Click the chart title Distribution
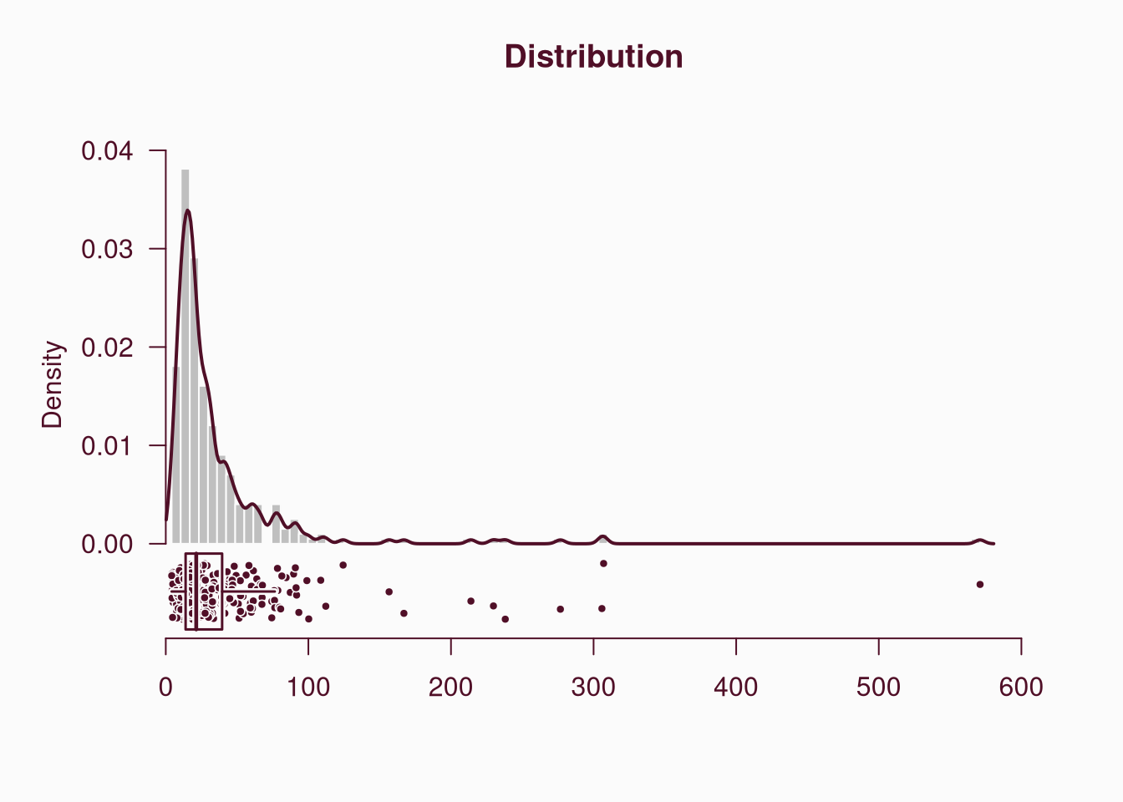pyautogui.click(x=593, y=57)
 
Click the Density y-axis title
pyautogui.click(x=53, y=384)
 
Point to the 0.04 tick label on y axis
pyautogui.click(x=107, y=151)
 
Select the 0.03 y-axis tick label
pyautogui.click(x=107, y=249)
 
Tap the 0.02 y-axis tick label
pyautogui.click(x=107, y=348)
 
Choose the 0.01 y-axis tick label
pyautogui.click(x=107, y=446)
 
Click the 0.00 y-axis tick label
pyautogui.click(x=107, y=544)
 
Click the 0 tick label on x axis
pyautogui.click(x=165, y=688)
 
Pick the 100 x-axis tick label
pyautogui.click(x=308, y=688)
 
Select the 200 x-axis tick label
pyautogui.click(x=451, y=688)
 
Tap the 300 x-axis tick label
pyautogui.click(x=593, y=688)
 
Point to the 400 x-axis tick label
pyautogui.click(x=736, y=688)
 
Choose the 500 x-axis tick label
pyautogui.click(x=878, y=688)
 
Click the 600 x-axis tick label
pyautogui.click(x=1021, y=688)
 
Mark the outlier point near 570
pyautogui.click(x=980, y=585)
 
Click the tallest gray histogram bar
pyautogui.click(x=185, y=351)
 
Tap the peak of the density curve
pyautogui.click(x=188, y=211)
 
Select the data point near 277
pyautogui.click(x=560, y=609)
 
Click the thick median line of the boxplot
pyautogui.click(x=196, y=591)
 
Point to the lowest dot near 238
pyautogui.click(x=505, y=619)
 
